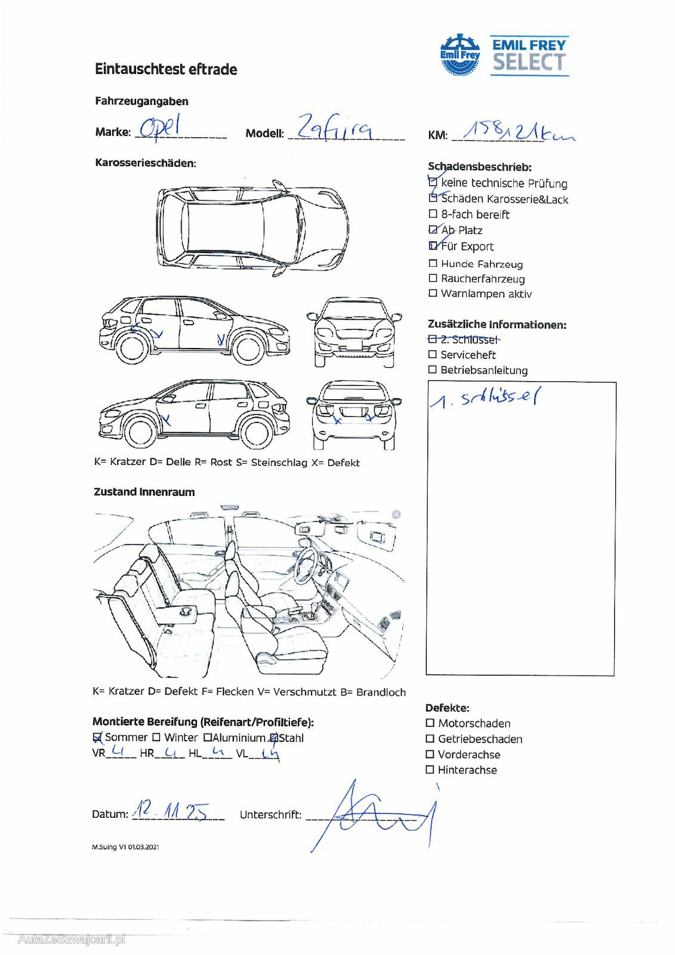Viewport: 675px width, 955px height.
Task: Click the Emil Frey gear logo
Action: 460,54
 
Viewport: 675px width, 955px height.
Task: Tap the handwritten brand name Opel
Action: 159,128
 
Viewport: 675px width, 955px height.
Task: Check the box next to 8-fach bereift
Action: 433,214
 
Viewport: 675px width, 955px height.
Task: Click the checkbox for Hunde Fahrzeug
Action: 433,264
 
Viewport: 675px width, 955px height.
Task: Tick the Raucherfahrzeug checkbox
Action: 433,279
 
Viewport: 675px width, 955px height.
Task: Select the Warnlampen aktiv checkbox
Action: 433,294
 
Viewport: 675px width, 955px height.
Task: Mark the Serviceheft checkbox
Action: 433,355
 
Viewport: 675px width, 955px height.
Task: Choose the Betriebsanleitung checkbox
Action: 433,370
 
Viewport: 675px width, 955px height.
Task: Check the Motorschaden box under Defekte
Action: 430,723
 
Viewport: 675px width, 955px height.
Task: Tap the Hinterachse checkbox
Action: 430,770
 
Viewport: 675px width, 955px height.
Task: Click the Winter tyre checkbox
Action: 156,738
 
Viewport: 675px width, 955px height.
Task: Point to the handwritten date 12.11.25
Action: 171,811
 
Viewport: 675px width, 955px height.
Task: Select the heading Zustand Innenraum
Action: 144,492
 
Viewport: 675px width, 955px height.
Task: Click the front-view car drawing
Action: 354,332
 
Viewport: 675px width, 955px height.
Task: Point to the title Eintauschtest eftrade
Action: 166,69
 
